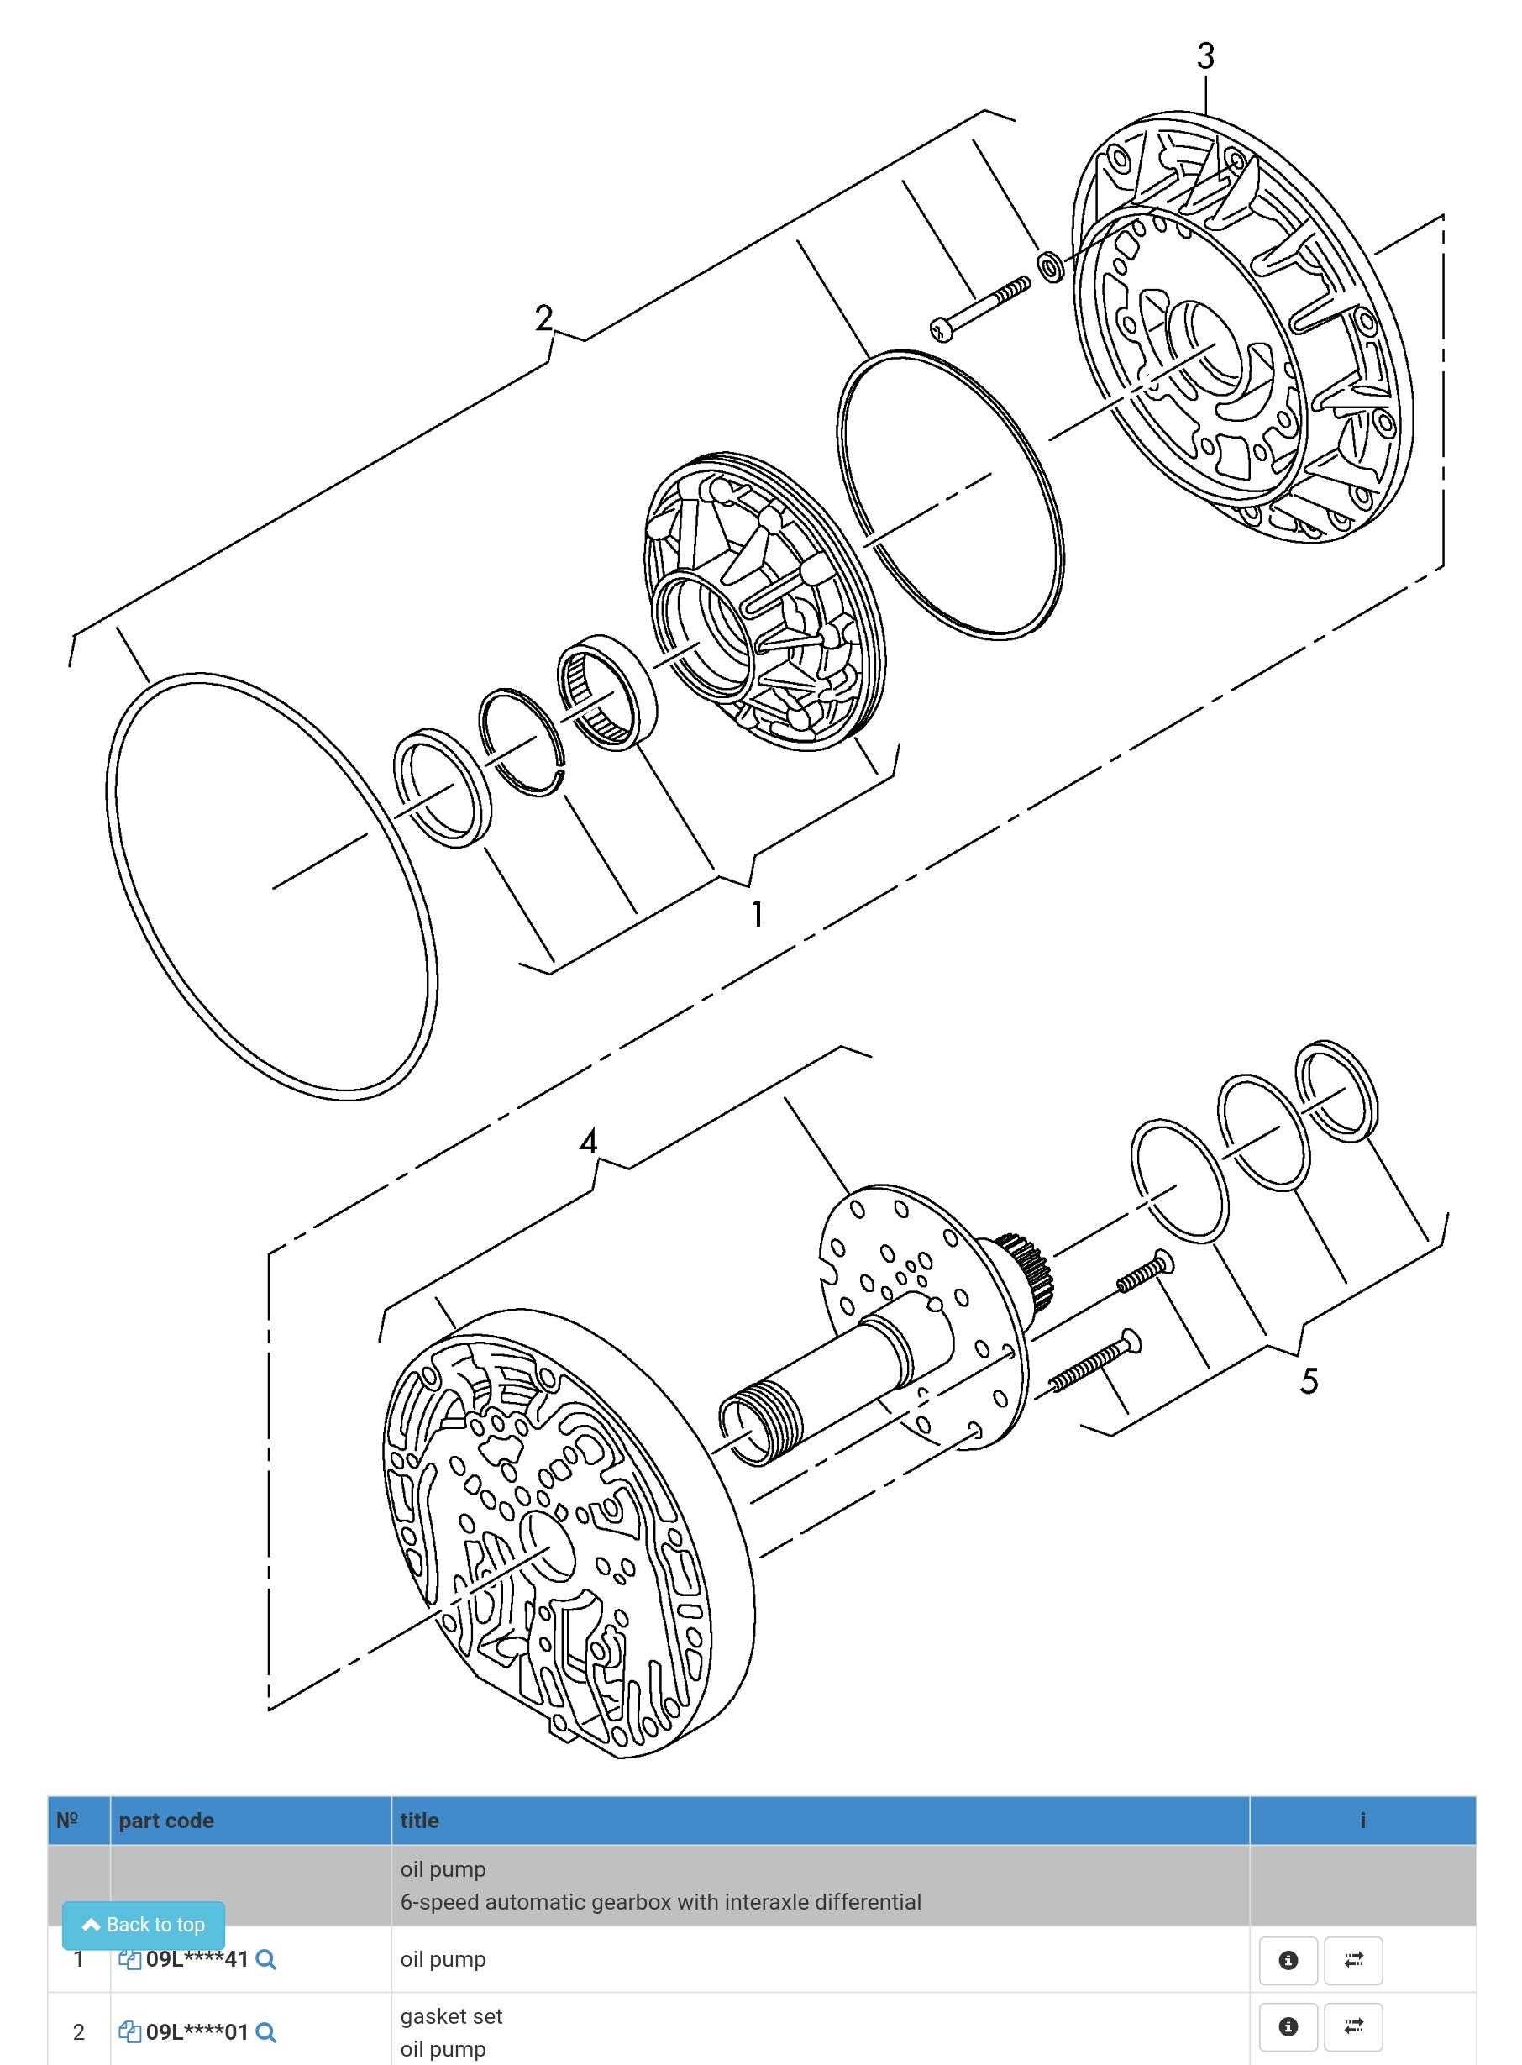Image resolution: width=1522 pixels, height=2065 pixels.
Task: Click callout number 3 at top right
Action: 1205,56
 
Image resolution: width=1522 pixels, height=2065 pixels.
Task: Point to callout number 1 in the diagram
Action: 757,914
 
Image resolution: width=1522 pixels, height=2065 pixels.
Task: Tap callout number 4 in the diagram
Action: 588,1141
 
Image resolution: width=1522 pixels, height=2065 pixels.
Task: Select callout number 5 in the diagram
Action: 1309,1380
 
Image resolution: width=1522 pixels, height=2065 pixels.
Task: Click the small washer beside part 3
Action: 1050,266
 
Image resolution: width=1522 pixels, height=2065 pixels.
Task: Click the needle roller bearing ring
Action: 607,692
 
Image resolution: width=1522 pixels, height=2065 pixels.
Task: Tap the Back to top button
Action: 143,1924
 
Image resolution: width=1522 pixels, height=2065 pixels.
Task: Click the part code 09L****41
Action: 197,1959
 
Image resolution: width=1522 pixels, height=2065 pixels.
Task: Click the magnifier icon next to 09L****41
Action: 265,1959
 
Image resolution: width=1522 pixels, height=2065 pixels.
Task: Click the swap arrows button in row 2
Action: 1352,2026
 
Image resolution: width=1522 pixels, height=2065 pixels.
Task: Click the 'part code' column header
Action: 165,1820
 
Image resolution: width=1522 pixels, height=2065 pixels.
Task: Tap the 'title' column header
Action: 419,1820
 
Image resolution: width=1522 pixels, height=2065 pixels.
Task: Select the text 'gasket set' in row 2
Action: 450,2016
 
